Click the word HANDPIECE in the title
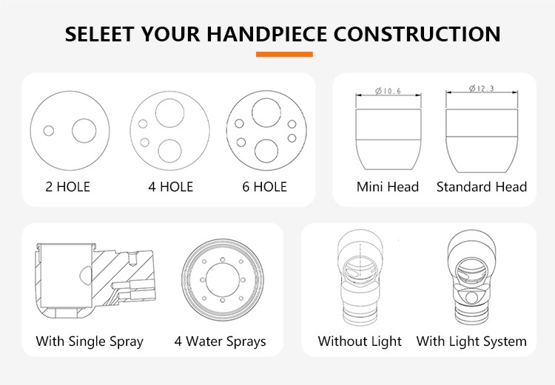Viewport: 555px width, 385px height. point(266,34)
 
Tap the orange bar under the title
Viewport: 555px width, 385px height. point(284,54)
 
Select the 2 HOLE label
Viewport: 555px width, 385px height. point(68,187)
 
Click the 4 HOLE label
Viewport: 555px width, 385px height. point(171,187)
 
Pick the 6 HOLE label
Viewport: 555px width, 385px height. point(264,187)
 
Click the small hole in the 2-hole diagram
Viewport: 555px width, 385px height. point(49,131)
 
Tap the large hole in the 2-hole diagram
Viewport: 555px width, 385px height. point(84,131)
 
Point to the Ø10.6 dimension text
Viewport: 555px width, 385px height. point(388,91)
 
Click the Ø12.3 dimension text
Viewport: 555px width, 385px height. point(482,89)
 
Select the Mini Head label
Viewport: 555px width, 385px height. point(388,187)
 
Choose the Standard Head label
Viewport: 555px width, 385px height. point(482,187)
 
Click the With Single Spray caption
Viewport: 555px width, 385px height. point(90,341)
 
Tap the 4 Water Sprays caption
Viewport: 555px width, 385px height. point(221,341)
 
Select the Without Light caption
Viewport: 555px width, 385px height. point(360,341)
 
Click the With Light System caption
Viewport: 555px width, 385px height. point(471,341)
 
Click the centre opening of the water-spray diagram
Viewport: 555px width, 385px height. point(222,280)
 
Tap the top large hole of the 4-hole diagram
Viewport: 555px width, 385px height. point(170,113)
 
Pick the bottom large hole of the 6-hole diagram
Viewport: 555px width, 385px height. point(266,151)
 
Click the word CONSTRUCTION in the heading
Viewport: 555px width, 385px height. point(417,34)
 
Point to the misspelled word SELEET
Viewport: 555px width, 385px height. point(99,34)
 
